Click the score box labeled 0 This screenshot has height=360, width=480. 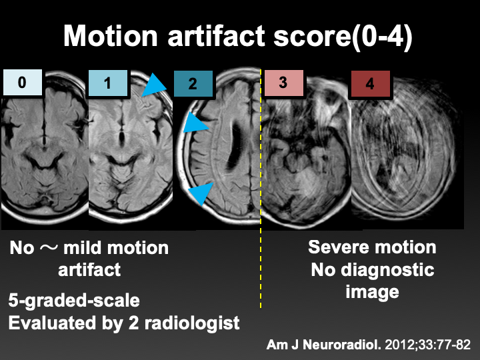23,83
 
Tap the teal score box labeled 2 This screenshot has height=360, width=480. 193,84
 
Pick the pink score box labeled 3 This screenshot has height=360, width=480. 283,83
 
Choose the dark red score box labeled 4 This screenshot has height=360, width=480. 371,84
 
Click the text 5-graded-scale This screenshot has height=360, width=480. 74,300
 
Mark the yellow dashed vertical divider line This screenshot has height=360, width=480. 261,267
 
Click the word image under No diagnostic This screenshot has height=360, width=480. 372,291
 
